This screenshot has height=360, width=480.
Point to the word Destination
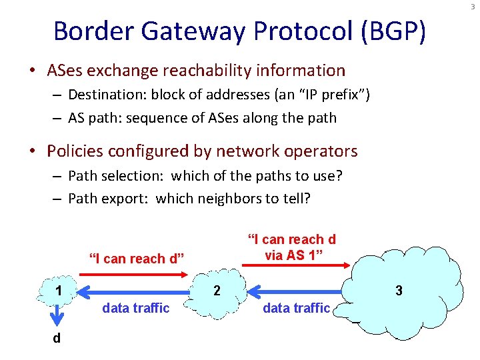[x=106, y=95]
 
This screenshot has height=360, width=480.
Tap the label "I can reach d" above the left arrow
[x=137, y=259]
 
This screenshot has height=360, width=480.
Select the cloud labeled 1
[x=59, y=291]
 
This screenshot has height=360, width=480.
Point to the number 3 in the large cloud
[x=399, y=291]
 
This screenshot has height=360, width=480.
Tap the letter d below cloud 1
[x=57, y=339]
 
